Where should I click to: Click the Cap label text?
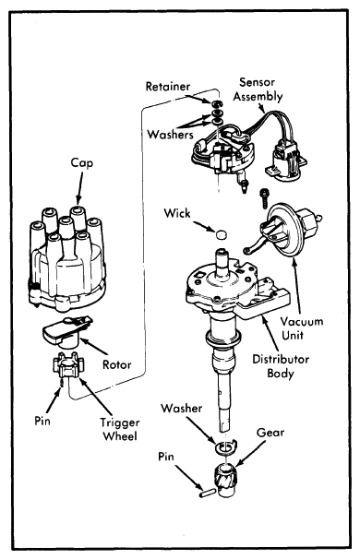pyautogui.click(x=82, y=163)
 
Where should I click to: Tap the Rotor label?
pyautogui.click(x=116, y=364)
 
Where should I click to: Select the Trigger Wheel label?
pyautogui.click(x=119, y=429)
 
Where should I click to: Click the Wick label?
pyautogui.click(x=177, y=213)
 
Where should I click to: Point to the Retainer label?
pyautogui.click(x=168, y=87)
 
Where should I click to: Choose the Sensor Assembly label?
pyautogui.click(x=258, y=89)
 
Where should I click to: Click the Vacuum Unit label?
pyautogui.click(x=302, y=328)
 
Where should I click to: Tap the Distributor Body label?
pyautogui.click(x=281, y=366)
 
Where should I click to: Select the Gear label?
pyautogui.click(x=270, y=433)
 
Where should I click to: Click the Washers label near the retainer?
pyautogui.click(x=170, y=135)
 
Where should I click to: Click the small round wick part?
pyautogui.click(x=222, y=234)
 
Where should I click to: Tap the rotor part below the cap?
pyautogui.click(x=66, y=330)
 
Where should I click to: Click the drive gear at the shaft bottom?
pyautogui.click(x=226, y=481)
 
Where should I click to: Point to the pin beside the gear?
pyautogui.click(x=207, y=494)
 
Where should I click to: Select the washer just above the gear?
pyautogui.click(x=226, y=446)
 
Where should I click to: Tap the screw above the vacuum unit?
pyautogui.click(x=264, y=197)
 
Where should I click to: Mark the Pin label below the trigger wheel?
pyautogui.click(x=42, y=421)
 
